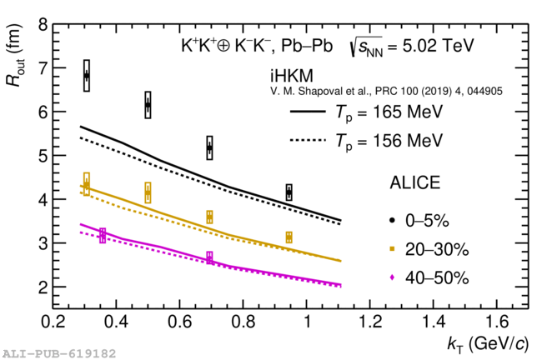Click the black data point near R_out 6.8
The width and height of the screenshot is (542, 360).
coord(87,76)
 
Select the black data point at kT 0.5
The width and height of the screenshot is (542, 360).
coord(148,105)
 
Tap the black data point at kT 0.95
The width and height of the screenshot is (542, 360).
coord(289,192)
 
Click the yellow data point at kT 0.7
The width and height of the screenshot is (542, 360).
coord(209,217)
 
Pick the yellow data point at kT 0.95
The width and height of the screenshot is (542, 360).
coord(289,237)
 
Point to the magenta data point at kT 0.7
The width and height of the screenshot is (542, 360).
coord(209,257)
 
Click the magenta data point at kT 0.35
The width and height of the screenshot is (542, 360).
coord(103,235)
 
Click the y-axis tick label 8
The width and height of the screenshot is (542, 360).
coord(43,26)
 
